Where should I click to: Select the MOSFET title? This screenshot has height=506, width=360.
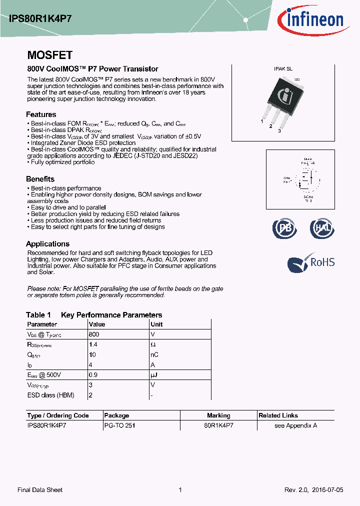tap(49, 55)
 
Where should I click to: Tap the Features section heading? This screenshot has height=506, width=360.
tap(41, 114)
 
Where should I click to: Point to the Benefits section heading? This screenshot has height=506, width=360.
tap(40, 179)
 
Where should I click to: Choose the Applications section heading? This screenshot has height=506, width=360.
tap(47, 243)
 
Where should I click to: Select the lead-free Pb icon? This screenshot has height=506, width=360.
tap(284, 228)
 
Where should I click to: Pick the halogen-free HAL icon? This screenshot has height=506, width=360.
tap(321, 228)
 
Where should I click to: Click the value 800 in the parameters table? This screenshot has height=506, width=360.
tap(94, 334)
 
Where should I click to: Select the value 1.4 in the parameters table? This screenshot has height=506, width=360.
tap(92, 344)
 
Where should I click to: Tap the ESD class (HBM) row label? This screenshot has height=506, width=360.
tap(50, 395)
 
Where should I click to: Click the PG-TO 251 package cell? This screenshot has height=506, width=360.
tap(119, 425)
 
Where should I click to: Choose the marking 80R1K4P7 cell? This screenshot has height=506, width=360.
tap(218, 425)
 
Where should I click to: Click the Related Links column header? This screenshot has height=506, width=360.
tap(278, 415)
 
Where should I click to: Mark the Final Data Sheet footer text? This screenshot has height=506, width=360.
tap(40, 490)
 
